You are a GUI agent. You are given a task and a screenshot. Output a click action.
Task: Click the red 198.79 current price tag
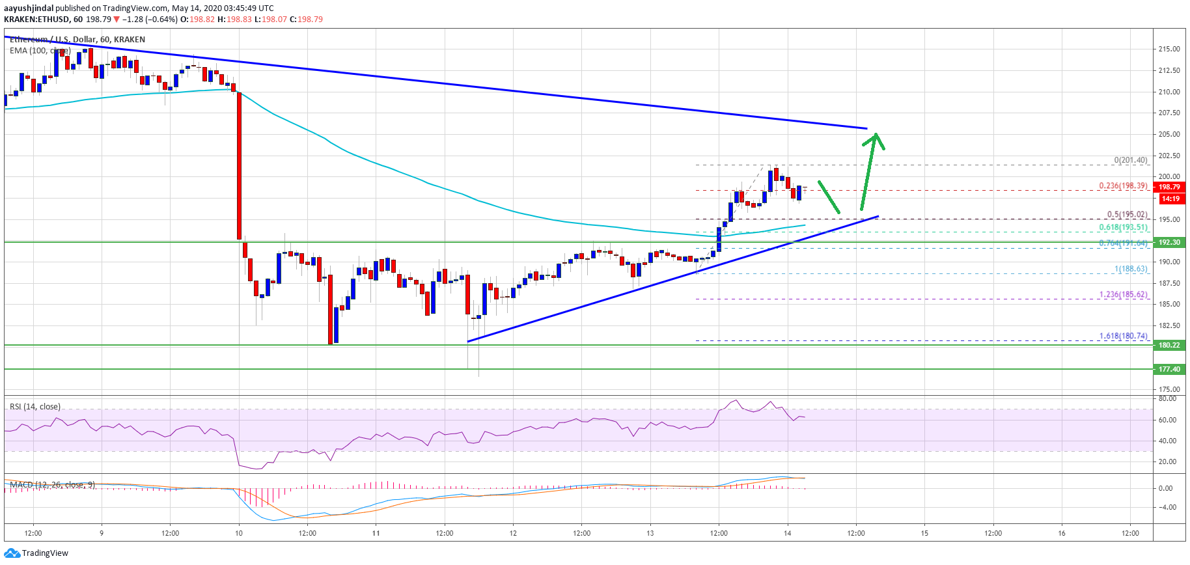(1169, 187)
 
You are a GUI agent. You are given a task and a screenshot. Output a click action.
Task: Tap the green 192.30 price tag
(1169, 242)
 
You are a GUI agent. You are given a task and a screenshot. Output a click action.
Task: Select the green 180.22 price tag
(1169, 345)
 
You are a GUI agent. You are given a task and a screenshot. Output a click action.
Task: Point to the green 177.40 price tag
(1169, 369)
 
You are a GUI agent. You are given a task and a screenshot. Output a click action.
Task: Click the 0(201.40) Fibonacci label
(1130, 160)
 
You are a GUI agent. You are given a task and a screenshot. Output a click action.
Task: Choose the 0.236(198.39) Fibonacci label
(1123, 186)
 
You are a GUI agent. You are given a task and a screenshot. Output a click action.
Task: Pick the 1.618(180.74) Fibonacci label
(1123, 336)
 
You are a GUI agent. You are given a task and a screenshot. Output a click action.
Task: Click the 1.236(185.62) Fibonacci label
(1123, 294)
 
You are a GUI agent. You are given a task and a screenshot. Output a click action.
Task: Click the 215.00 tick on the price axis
(1169, 49)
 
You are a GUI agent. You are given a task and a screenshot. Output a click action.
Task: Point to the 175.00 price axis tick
(1169, 389)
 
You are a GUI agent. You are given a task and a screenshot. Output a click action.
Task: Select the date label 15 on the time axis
(924, 533)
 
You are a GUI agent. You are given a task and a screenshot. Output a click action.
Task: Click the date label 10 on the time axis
(239, 533)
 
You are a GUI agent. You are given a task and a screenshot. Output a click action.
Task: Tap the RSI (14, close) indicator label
(35, 407)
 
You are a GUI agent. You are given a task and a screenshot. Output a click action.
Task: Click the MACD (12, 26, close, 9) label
(52, 485)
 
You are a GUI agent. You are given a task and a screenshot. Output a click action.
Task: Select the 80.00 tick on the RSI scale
(1167, 398)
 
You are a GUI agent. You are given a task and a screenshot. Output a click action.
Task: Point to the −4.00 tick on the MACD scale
(1166, 507)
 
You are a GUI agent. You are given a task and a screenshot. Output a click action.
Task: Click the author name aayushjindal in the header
(29, 8)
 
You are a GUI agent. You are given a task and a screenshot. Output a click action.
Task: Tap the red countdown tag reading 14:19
(1170, 199)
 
